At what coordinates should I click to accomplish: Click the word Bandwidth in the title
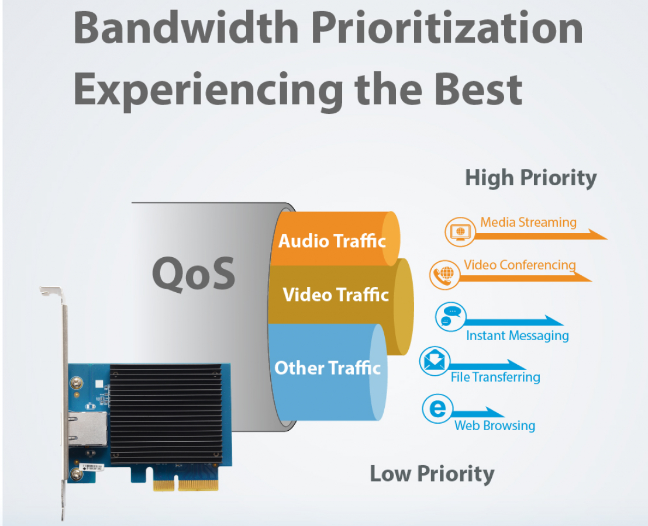pyautogui.click(x=186, y=27)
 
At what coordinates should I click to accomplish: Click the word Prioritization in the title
pyautogui.click(x=447, y=27)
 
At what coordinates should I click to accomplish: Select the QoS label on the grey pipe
pyautogui.click(x=194, y=274)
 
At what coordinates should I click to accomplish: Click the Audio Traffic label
pyautogui.click(x=332, y=241)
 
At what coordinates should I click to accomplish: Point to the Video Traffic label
pyautogui.click(x=336, y=295)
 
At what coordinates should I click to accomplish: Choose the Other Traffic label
pyautogui.click(x=328, y=368)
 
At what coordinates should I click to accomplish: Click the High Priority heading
pyautogui.click(x=531, y=178)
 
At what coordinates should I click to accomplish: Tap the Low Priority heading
pyautogui.click(x=432, y=474)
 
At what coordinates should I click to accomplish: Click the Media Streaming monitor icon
pyautogui.click(x=460, y=231)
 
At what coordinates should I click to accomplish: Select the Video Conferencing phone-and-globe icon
pyautogui.click(x=444, y=275)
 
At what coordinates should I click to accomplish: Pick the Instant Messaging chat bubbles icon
pyautogui.click(x=450, y=317)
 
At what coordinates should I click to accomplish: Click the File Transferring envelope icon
pyautogui.click(x=435, y=361)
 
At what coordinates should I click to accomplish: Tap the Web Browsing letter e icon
pyautogui.click(x=437, y=409)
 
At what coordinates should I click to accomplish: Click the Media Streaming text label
pyautogui.click(x=528, y=223)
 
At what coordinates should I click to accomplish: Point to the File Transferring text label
pyautogui.click(x=495, y=377)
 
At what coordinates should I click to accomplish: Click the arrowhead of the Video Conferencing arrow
pyautogui.click(x=582, y=276)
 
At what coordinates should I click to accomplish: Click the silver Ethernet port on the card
pyautogui.click(x=87, y=429)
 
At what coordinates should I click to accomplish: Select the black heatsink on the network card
pyautogui.click(x=166, y=413)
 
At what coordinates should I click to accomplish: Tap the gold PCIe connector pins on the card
pyautogui.click(x=185, y=483)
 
